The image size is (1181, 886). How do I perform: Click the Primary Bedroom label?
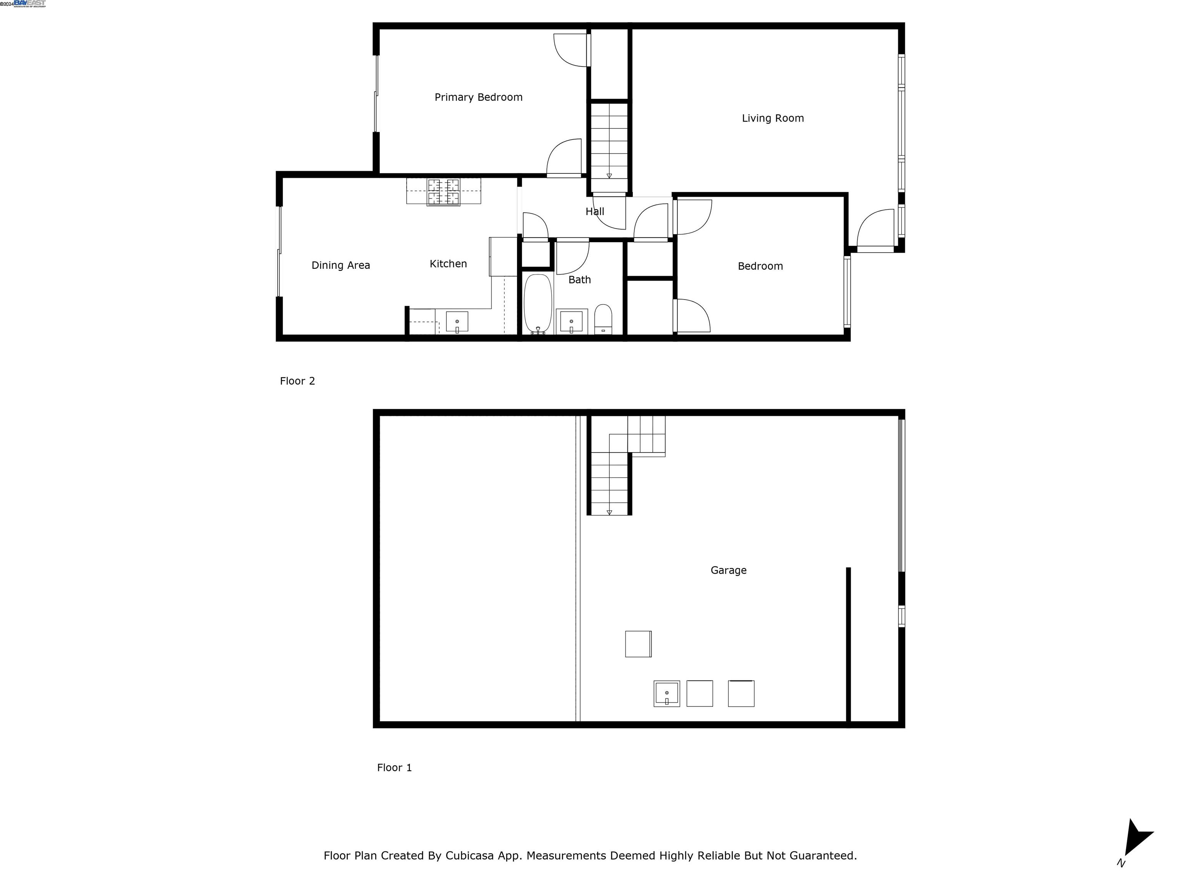[x=478, y=97]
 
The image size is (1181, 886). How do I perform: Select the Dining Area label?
[x=341, y=265]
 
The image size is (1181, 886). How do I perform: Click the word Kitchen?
[x=448, y=263]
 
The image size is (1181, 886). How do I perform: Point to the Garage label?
[x=728, y=570]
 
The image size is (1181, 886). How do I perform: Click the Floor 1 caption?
[x=394, y=768]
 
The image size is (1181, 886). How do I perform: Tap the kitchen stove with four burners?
[x=443, y=192]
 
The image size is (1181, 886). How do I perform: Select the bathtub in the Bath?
[x=538, y=303]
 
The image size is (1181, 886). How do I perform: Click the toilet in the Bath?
[x=603, y=319]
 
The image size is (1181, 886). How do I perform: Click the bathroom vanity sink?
[x=571, y=321]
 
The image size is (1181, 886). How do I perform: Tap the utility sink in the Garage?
[x=666, y=693]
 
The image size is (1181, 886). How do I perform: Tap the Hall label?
[x=594, y=212]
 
